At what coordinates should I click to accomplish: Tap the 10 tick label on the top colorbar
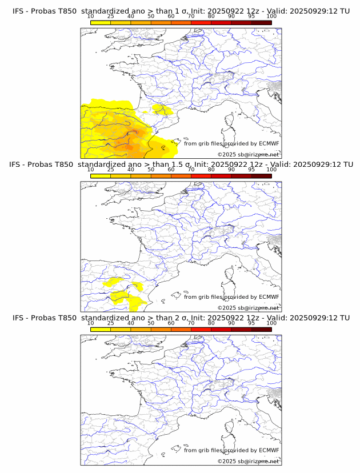91,16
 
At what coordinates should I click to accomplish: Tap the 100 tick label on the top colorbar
271,16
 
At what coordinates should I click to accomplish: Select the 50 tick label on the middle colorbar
151,170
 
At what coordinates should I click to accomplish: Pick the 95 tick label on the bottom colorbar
251,323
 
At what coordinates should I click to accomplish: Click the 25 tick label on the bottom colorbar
111,323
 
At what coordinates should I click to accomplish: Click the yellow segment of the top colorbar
101,22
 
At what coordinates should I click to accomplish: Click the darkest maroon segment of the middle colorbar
261,176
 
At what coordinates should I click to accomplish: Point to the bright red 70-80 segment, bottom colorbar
201,329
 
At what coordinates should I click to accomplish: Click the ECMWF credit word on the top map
269,143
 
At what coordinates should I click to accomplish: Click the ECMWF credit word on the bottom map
269,450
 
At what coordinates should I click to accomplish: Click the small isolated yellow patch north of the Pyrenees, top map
162,109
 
